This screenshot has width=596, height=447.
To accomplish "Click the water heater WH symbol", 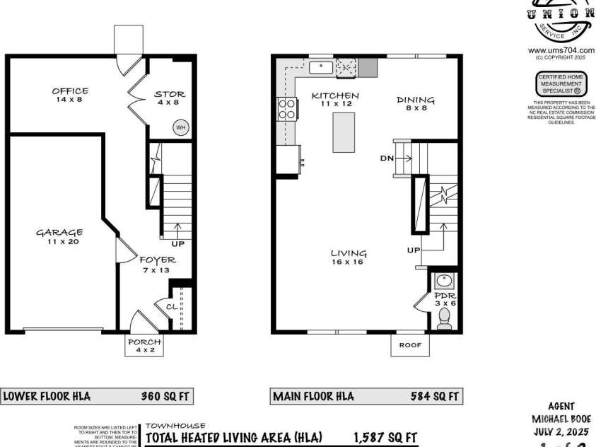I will click(x=180, y=127).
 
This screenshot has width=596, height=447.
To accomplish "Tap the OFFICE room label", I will click(x=70, y=91).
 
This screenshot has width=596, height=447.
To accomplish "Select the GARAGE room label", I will click(x=59, y=232).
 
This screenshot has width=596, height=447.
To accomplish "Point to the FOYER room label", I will click(x=157, y=260).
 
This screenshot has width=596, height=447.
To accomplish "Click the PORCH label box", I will click(x=144, y=342).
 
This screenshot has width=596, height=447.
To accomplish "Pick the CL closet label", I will click(x=172, y=307).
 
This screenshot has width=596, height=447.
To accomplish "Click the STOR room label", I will click(x=170, y=94).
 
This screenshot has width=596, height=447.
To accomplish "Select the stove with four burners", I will click(x=287, y=109).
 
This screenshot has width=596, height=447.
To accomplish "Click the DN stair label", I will click(x=386, y=158).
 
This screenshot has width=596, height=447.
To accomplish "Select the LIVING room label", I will click(x=349, y=253).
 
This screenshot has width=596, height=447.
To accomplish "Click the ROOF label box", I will click(x=410, y=345).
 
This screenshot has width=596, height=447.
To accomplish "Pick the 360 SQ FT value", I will click(x=162, y=397).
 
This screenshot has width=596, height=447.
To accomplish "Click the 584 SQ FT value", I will click(x=434, y=397).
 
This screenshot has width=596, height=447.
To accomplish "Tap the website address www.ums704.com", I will click(x=559, y=50).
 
